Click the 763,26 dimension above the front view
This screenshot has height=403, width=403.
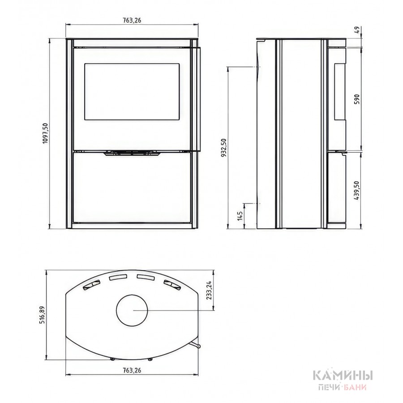(x=132, y=20)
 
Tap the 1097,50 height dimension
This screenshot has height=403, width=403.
(x=46, y=133)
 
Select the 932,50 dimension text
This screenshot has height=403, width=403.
(x=223, y=147)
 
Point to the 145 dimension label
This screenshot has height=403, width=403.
(x=240, y=216)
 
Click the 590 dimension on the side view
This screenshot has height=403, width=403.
(x=357, y=99)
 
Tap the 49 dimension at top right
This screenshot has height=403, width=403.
(x=357, y=30)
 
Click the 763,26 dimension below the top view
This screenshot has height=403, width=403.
(x=132, y=370)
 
